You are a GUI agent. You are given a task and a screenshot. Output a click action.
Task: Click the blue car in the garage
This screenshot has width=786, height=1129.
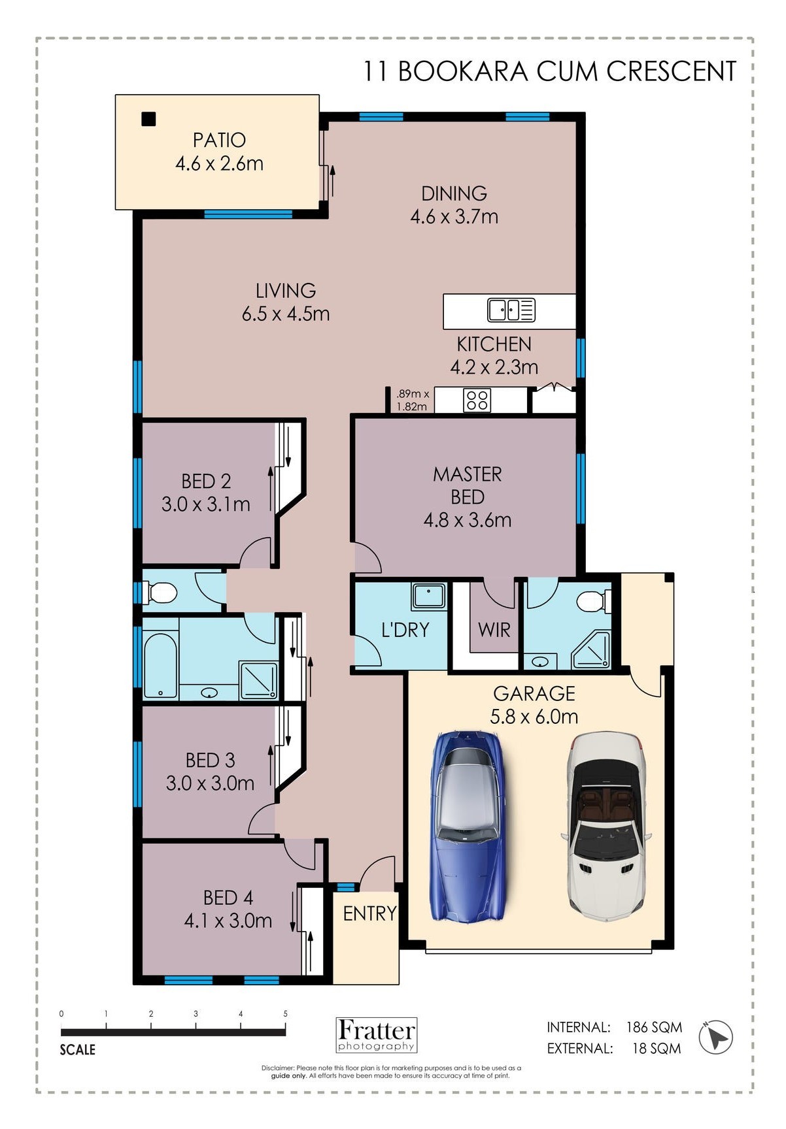point(468,826)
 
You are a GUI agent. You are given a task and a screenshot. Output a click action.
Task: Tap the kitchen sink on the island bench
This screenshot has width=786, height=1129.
point(511,310)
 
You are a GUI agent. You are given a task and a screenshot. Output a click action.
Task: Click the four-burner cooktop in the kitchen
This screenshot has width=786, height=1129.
point(477,400)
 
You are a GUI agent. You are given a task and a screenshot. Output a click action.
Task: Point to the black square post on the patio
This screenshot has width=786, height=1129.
point(149,120)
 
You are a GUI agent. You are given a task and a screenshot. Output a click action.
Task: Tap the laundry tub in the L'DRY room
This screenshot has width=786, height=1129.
point(428,596)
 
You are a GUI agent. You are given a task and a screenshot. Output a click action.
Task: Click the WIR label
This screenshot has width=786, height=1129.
point(494,630)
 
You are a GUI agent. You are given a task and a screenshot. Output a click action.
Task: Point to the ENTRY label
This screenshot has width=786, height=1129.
point(369,913)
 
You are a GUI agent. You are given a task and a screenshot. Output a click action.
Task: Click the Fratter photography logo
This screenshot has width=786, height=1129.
point(377,1035)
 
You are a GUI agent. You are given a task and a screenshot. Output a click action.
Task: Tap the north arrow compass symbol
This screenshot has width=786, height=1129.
point(716,1036)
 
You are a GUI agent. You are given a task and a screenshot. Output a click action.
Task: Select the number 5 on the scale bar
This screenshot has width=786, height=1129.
point(286,1014)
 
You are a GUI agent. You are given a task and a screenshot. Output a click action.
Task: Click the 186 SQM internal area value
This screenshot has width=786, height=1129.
point(654,1027)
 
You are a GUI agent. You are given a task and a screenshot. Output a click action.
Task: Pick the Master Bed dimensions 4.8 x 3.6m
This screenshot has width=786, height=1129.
point(468,521)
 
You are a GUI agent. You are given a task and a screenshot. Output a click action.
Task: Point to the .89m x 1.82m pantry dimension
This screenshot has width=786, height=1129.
point(413,400)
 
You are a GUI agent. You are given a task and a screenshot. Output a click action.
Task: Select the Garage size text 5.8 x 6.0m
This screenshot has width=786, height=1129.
point(534,717)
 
